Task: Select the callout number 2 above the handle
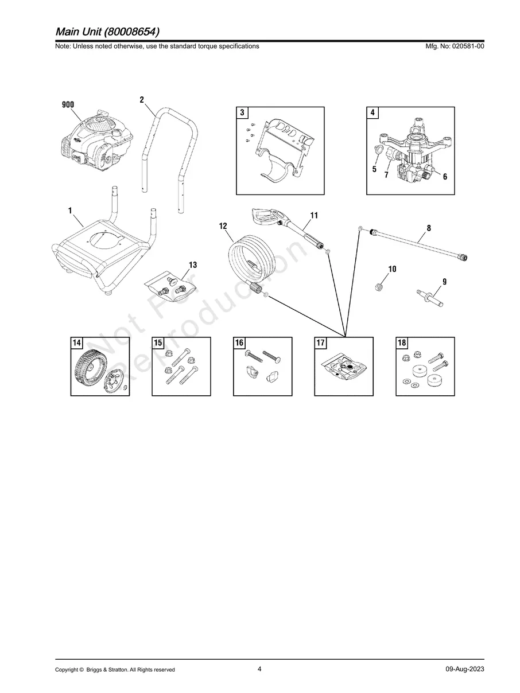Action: pyautogui.click(x=142, y=100)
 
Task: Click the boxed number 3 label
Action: pyautogui.click(x=243, y=113)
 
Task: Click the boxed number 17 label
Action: pyautogui.click(x=321, y=343)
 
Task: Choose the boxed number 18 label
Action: pyautogui.click(x=402, y=343)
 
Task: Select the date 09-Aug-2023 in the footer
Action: pyautogui.click(x=464, y=669)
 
